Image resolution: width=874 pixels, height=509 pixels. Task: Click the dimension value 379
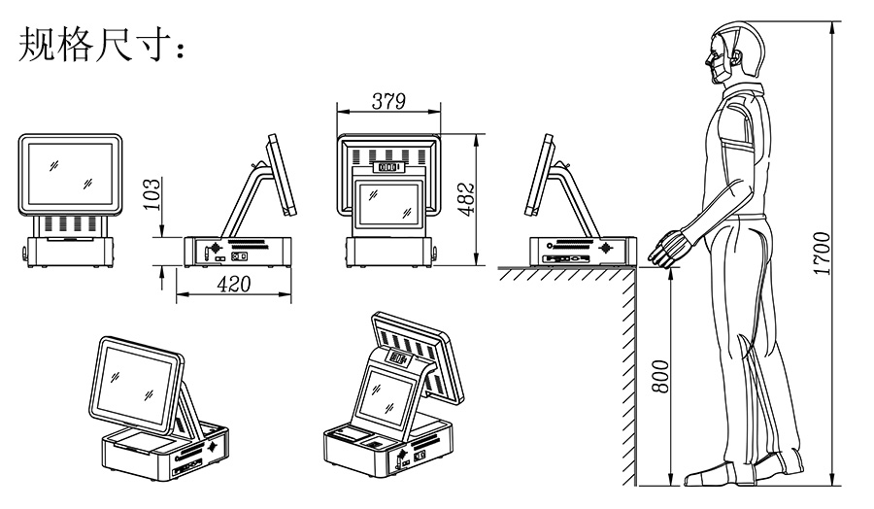387,101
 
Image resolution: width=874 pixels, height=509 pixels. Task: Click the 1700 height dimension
822,254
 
